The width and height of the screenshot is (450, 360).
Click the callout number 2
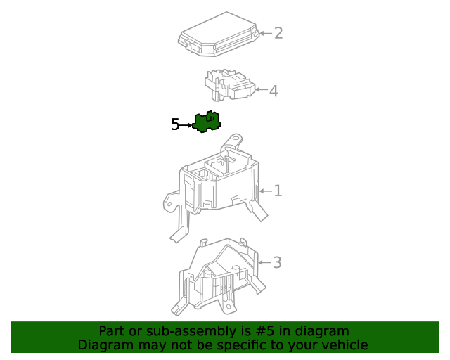[x=278, y=33]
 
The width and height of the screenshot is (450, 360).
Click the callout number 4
[x=274, y=91]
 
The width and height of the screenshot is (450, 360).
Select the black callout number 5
[x=175, y=124]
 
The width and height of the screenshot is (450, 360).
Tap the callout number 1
[x=278, y=191]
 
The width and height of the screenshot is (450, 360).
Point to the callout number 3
[x=277, y=262]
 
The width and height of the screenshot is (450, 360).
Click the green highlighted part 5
[x=207, y=122]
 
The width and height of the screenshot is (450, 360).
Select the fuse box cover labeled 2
[x=218, y=34]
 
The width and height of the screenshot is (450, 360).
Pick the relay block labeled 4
[x=230, y=84]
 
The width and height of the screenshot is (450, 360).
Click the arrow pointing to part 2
[x=266, y=33]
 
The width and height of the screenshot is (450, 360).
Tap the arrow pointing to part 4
[x=261, y=89]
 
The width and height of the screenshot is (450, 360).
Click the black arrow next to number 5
[x=186, y=125]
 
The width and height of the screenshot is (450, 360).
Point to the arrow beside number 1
[x=266, y=191]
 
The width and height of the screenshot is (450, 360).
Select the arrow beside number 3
[x=264, y=262]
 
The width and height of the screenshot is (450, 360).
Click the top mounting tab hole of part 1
[x=236, y=138]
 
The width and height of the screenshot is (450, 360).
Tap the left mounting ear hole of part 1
[x=169, y=204]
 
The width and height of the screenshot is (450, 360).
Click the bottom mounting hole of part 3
[x=229, y=307]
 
